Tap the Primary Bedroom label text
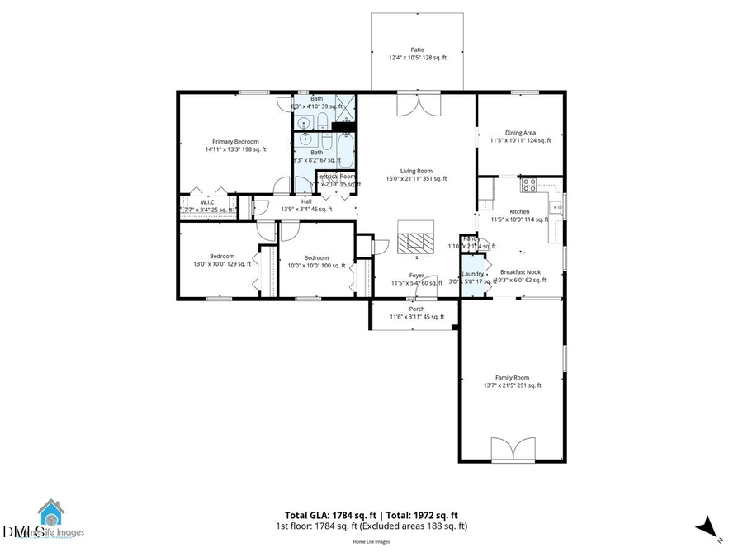(235, 145)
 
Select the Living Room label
(416, 174)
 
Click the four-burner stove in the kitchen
(528, 185)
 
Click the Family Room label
(512, 380)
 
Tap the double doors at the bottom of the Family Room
(512, 450)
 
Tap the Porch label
(417, 312)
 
